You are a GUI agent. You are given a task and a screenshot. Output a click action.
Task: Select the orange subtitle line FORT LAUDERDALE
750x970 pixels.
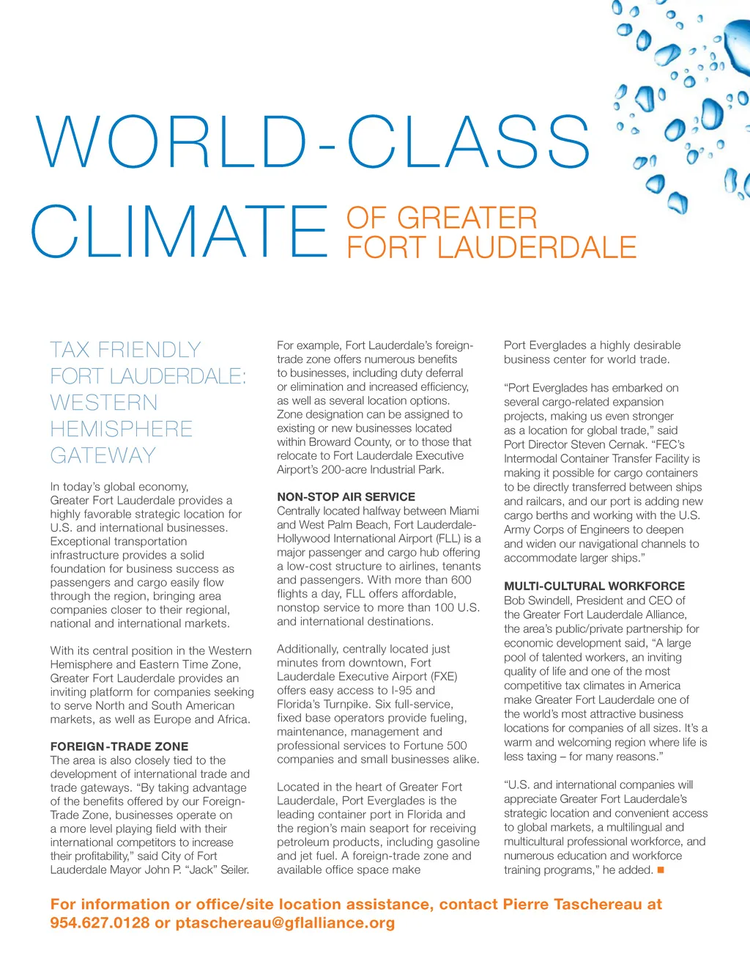(491, 248)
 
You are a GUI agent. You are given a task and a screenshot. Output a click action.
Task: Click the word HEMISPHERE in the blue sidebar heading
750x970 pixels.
(122, 429)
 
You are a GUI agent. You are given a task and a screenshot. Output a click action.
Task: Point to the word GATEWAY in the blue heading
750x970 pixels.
(103, 455)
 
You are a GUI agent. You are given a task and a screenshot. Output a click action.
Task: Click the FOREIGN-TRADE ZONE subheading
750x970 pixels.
(119, 746)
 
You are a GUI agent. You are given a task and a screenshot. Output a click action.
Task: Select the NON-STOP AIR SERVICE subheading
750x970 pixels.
(346, 496)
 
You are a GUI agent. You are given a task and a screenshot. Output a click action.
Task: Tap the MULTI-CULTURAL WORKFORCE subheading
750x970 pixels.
(594, 586)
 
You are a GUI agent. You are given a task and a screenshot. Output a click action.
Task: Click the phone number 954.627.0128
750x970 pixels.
(100, 922)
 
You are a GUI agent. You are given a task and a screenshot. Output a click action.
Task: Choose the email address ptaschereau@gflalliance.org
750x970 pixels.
(285, 922)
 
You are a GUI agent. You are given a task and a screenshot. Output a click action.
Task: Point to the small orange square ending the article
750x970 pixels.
(660, 870)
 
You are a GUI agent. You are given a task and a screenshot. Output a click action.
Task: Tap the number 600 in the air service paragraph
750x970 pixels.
(461, 579)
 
